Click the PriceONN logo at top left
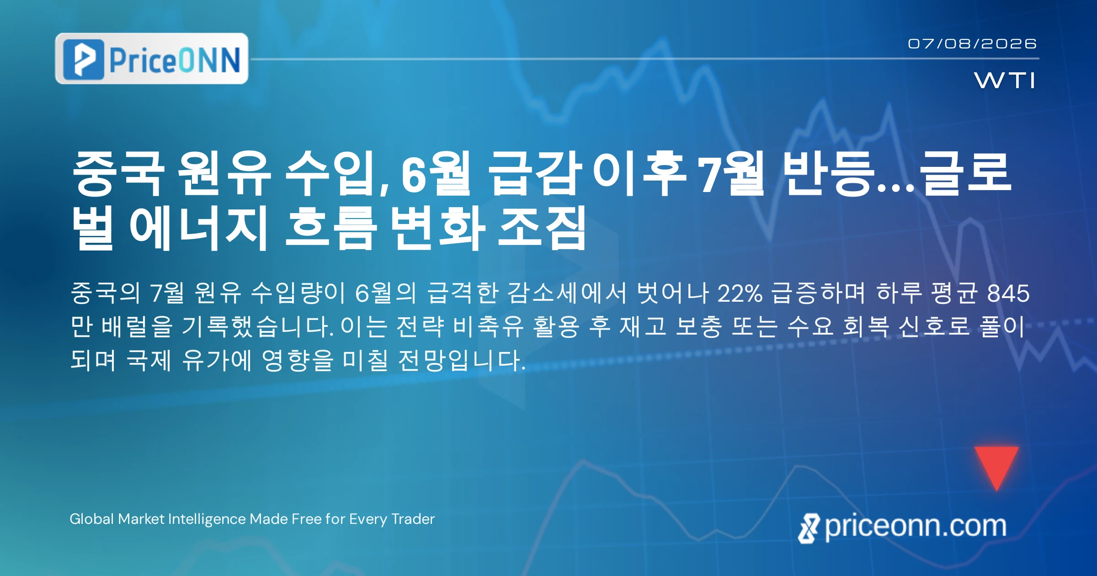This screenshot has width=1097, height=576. [152, 59]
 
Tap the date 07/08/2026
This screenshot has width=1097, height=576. [972, 44]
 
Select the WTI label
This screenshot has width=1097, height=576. [1005, 80]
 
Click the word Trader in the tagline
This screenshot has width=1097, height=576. [413, 519]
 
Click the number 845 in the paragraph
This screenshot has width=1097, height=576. [1009, 293]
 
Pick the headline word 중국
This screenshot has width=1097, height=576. [118, 174]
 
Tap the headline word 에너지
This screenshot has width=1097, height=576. [198, 227]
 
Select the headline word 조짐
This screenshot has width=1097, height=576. [542, 227]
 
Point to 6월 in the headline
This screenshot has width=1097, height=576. [436, 174]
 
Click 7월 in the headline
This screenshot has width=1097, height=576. [730, 174]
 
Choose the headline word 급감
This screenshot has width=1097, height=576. [535, 174]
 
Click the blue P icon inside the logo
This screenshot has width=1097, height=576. [84, 59]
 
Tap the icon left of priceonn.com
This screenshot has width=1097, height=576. [809, 528]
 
